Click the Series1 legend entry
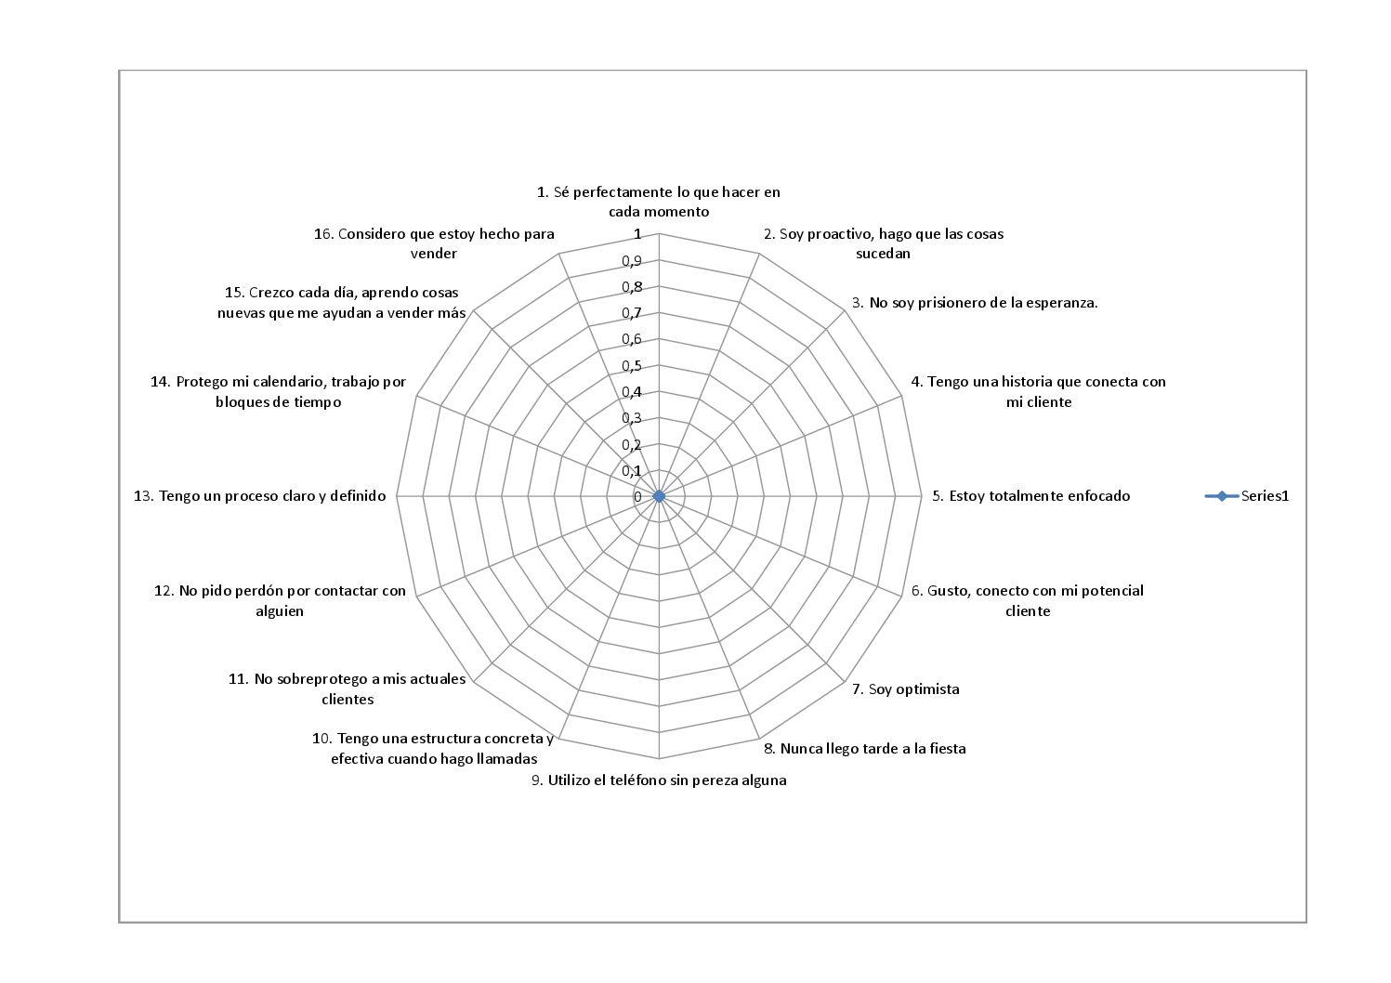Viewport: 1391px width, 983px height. tap(1246, 496)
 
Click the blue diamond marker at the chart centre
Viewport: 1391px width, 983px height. tap(659, 496)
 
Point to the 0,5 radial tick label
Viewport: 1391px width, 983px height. tap(632, 366)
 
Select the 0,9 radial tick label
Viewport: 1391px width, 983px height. tap(632, 261)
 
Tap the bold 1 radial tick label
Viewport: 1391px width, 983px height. tap(637, 234)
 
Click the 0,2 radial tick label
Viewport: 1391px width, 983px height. tap(632, 445)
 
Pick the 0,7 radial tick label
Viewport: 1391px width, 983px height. tap(632, 313)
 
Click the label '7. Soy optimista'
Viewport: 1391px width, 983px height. tap(905, 689)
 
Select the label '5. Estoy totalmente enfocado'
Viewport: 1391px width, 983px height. tap(1030, 496)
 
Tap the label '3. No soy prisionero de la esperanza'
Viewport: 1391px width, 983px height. tap(975, 303)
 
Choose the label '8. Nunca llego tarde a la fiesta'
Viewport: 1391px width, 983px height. tap(864, 749)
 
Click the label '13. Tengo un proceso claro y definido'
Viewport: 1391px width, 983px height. tap(259, 496)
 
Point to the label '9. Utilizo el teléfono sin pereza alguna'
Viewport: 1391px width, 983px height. tap(659, 780)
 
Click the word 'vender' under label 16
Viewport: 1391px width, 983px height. tap(433, 254)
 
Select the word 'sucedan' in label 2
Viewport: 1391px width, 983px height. tap(883, 254)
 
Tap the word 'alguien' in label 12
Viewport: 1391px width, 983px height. tap(280, 611)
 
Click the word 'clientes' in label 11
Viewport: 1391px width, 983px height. tap(348, 700)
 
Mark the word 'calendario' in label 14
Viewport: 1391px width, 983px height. tap(289, 382)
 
